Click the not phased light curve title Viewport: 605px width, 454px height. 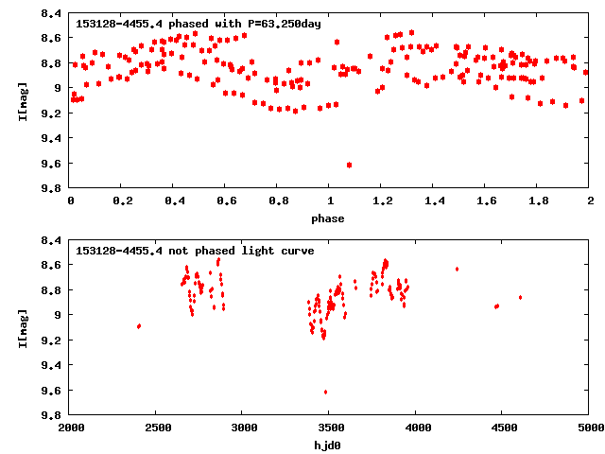point(195,251)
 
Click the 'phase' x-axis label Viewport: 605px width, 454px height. point(330,218)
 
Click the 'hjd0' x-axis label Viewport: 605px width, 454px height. point(330,445)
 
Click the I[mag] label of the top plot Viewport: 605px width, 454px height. point(22,100)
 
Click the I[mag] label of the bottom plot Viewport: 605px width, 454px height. point(22,327)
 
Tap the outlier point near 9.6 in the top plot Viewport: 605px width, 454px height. point(350,165)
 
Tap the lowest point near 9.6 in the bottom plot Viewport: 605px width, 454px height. point(326,392)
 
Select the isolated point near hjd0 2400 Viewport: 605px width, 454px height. point(139,326)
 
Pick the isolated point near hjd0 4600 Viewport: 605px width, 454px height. point(520,298)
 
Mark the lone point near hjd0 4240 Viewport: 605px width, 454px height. point(458,270)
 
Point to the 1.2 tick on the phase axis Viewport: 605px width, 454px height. point(382,202)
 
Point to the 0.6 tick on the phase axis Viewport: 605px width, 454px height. point(226,202)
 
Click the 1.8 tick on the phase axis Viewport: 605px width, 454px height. point(538,202)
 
